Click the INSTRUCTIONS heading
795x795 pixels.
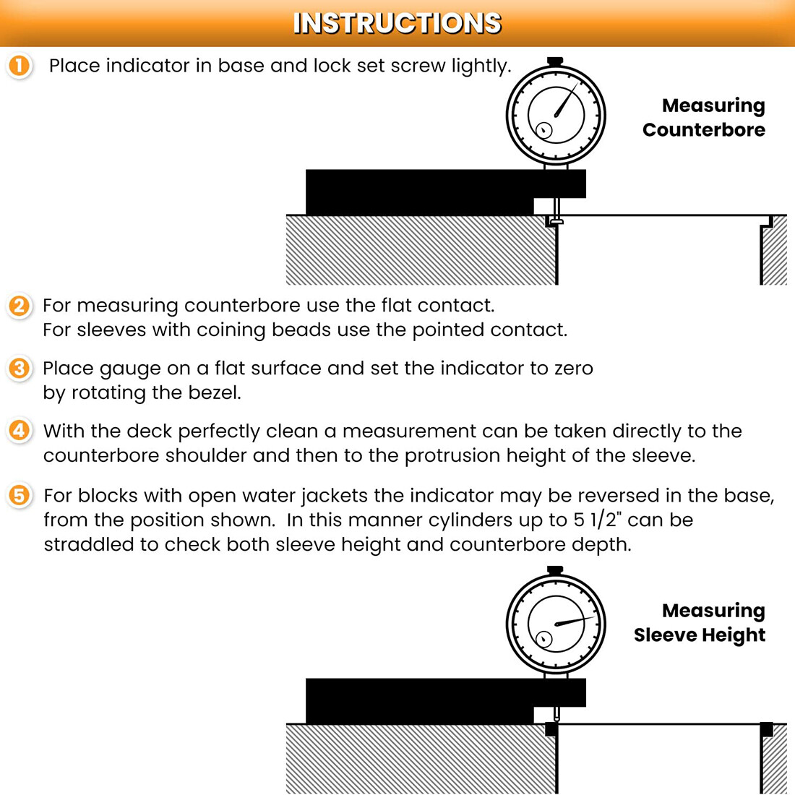[x=397, y=23]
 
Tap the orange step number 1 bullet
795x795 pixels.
[x=20, y=66]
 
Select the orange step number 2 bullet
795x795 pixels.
[x=20, y=306]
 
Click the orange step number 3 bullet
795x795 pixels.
[x=20, y=369]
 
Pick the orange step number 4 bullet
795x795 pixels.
[x=20, y=431]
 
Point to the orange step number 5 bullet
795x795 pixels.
[x=20, y=496]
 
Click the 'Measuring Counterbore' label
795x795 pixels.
[x=704, y=118]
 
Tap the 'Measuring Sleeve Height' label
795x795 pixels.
[x=700, y=623]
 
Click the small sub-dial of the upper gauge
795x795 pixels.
[x=543, y=130]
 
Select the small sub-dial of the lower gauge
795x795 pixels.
[x=543, y=639]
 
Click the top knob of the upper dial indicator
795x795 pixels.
[x=555, y=62]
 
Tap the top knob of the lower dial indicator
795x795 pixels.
[x=555, y=570]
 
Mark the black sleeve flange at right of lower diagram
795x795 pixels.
[x=767, y=729]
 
